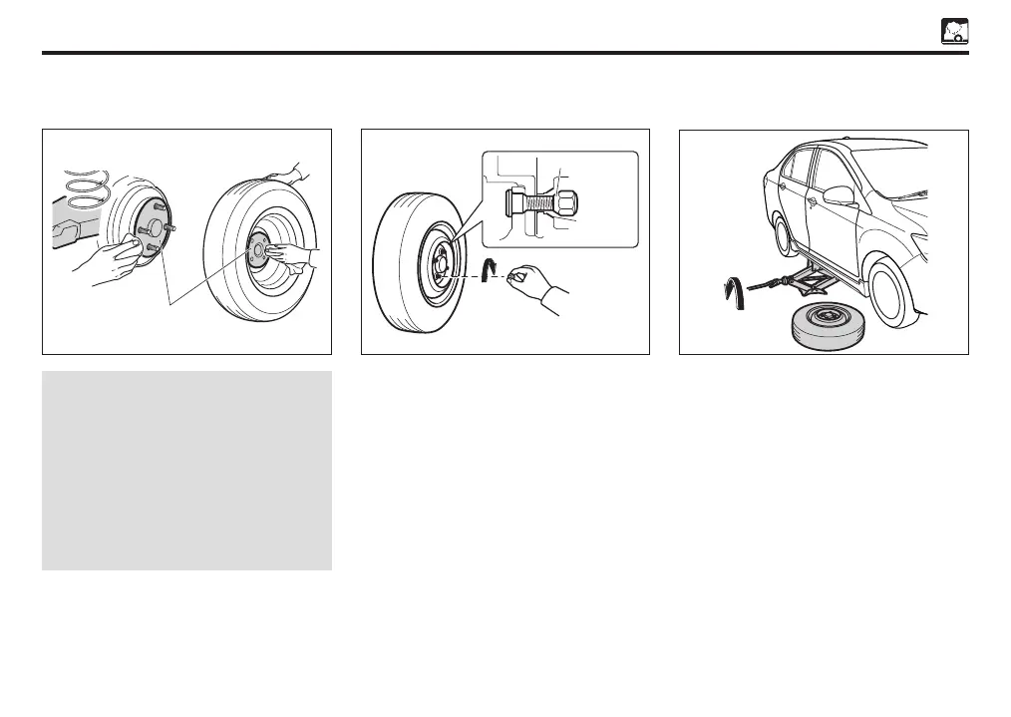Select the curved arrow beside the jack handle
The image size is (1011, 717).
pos(731,290)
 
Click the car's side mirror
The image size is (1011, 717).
pos(840,195)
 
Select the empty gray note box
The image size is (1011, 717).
pos(186,471)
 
